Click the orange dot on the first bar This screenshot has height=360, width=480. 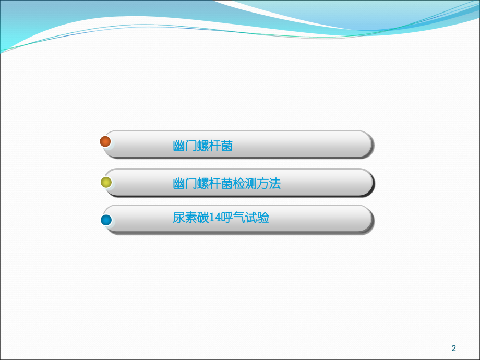pos(105,141)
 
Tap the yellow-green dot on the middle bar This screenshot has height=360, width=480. pos(106,182)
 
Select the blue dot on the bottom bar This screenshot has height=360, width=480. pos(106,220)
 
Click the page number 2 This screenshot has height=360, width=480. pos(453,349)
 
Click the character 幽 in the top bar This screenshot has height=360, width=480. pos(179,146)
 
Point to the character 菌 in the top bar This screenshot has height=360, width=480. pos(227,146)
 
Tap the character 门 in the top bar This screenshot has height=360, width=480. pos(191,146)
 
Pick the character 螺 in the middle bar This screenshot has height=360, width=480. pos(203,184)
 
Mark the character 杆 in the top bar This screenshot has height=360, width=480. pos(215,146)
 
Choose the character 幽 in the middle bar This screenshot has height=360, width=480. pos(179,184)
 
